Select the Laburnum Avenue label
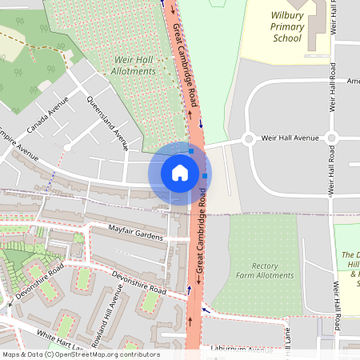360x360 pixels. click(237, 349)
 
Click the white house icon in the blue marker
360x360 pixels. click(180, 173)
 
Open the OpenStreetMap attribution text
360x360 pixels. click(81, 354)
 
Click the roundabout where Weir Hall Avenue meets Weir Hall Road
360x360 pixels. click(331, 138)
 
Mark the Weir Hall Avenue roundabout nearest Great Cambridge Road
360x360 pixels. click(247, 138)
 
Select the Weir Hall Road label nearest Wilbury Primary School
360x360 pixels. click(331, 88)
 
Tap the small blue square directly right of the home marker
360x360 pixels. click(205, 175)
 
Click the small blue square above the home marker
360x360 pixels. click(190, 150)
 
